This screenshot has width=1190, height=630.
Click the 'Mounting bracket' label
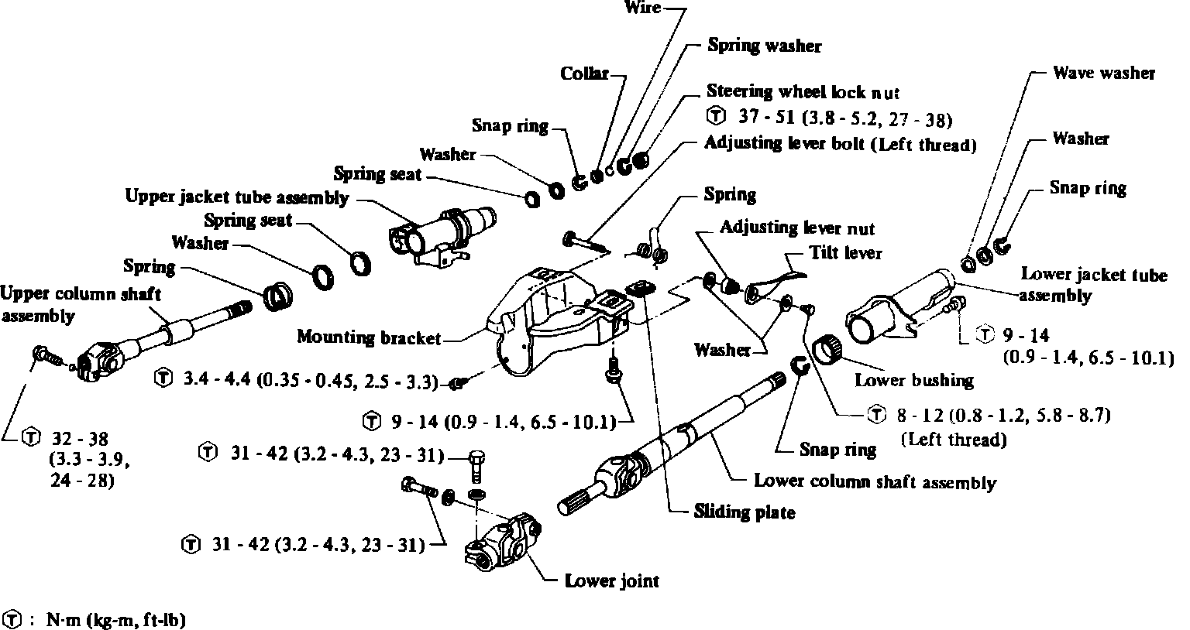[368, 337]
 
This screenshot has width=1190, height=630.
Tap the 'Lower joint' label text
[611, 580]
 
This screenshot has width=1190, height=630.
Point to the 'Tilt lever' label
[845, 254]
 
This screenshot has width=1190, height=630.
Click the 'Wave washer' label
[1103, 74]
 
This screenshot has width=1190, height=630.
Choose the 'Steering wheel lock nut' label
[803, 92]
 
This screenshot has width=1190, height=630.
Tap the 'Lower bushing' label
[913, 380]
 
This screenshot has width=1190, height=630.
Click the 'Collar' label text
[583, 74]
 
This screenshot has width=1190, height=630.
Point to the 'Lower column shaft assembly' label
[875, 482]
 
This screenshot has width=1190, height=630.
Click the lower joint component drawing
[504, 546]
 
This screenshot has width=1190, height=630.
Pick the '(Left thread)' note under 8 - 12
[954, 440]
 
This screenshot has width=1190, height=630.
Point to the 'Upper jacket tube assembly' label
[236, 197]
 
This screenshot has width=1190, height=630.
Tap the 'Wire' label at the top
[641, 8]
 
